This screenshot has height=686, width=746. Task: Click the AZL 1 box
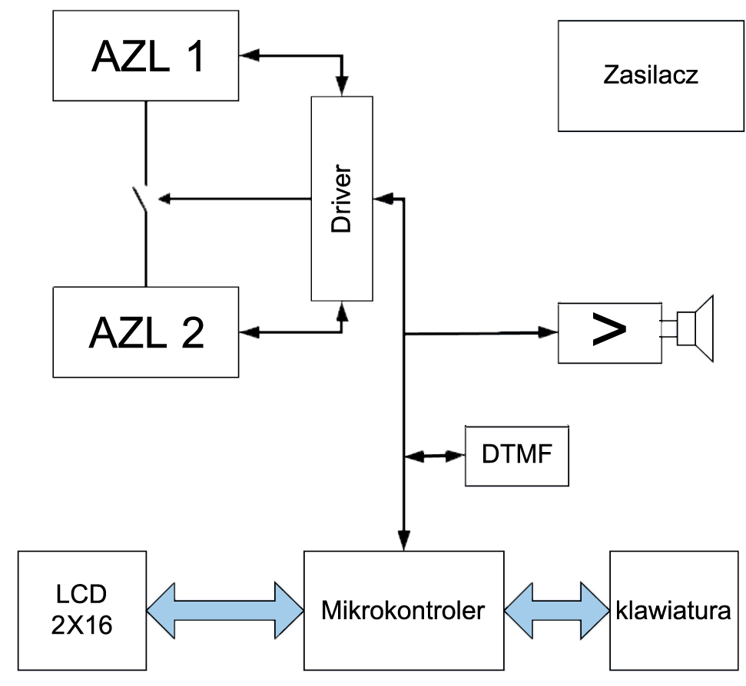pyautogui.click(x=145, y=55)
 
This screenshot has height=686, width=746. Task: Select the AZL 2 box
pyautogui.click(x=145, y=331)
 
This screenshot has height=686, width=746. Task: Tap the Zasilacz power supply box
pyautogui.click(x=651, y=75)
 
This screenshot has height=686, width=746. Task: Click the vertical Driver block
pyautogui.click(x=341, y=198)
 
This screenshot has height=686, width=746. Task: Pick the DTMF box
pyautogui.click(x=517, y=455)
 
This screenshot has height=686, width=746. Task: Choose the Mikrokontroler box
pyautogui.click(x=403, y=611)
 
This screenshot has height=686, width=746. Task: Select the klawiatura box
pyautogui.click(x=672, y=611)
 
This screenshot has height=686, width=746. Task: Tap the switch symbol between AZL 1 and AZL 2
pyautogui.click(x=143, y=199)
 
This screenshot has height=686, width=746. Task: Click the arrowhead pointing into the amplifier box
pyautogui.click(x=549, y=332)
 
